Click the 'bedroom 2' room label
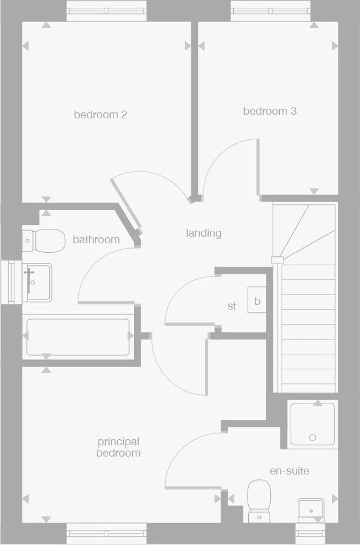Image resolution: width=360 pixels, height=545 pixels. (x=100, y=114)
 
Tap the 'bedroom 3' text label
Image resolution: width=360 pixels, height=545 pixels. (x=270, y=111)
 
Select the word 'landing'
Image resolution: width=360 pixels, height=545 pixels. (x=203, y=233)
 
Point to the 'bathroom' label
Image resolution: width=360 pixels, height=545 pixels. (x=96, y=240)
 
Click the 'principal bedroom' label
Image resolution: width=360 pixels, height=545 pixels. (x=118, y=447)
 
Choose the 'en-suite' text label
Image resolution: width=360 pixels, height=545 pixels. (x=289, y=471)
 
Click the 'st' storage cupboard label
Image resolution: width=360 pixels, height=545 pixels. (x=232, y=306)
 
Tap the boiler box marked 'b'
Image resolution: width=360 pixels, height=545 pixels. (x=257, y=301)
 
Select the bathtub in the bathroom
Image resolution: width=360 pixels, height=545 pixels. (x=78, y=337)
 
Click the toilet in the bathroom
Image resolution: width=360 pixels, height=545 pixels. (x=44, y=241)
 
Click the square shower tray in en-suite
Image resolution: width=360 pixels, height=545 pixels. (x=313, y=424)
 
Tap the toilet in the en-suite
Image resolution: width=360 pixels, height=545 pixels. (x=260, y=499)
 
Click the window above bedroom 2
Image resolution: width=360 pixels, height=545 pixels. (x=106, y=10)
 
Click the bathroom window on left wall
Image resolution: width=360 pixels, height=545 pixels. (x=10, y=282)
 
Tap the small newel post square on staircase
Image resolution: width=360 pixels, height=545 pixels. (x=276, y=260)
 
